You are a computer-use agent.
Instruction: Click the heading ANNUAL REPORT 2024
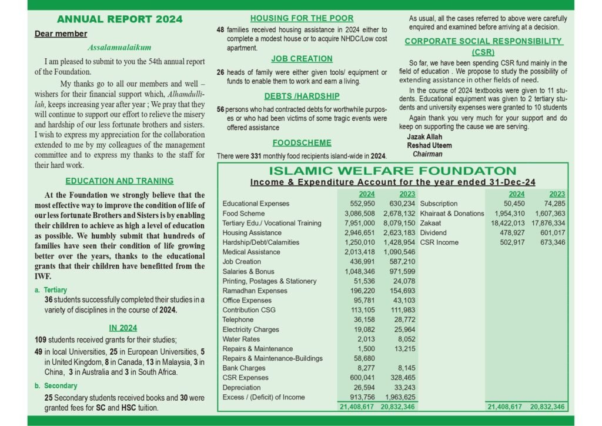point(119,19)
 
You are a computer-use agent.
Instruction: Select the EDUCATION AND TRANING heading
point(119,181)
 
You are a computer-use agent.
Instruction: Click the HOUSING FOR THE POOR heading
point(302,18)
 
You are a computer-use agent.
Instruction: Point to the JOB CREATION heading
point(302,59)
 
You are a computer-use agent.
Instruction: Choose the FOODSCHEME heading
point(302,142)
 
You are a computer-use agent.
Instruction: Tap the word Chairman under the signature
point(427,154)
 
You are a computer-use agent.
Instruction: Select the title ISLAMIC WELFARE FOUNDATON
point(393,171)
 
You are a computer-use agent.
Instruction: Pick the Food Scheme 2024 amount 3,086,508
point(359,214)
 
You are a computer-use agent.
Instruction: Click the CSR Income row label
point(439,242)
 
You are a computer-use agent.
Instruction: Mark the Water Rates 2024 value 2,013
point(365,339)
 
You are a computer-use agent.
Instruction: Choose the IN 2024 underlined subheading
point(123,328)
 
